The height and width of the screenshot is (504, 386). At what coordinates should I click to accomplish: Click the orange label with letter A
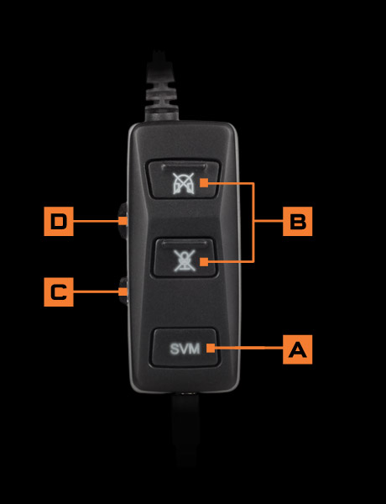coord(297,349)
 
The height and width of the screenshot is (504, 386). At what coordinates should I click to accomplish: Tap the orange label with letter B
coord(297,222)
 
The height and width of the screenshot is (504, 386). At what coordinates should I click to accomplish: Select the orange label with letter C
coord(58,292)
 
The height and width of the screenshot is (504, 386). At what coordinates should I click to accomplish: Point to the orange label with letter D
coord(58,222)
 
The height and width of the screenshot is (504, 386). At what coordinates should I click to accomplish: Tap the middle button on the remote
coord(184,257)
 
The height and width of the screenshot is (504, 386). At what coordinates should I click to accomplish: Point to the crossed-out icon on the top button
coord(182,181)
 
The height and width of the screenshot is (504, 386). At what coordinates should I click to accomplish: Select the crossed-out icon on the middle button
coord(182,260)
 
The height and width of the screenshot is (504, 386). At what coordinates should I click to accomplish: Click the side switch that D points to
coord(123,220)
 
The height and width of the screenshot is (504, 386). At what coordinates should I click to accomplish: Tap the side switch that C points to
coord(123,291)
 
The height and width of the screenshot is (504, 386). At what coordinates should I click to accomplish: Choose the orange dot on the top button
coord(205,182)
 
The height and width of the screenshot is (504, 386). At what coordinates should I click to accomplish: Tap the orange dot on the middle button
coord(204,263)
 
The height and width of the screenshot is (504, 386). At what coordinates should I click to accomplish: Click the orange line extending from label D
coord(96,222)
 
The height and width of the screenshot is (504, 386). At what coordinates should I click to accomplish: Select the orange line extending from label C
coord(96,292)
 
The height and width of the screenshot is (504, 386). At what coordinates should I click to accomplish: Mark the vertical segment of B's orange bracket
coord(253,223)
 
